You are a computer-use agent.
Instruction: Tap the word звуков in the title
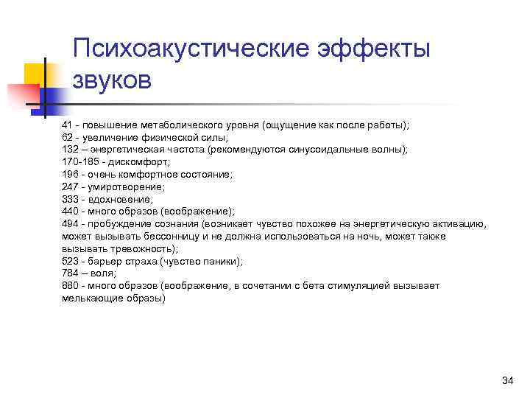coord(112,80)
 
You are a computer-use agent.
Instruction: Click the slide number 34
coord(506,380)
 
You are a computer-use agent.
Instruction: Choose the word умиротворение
coord(125,186)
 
